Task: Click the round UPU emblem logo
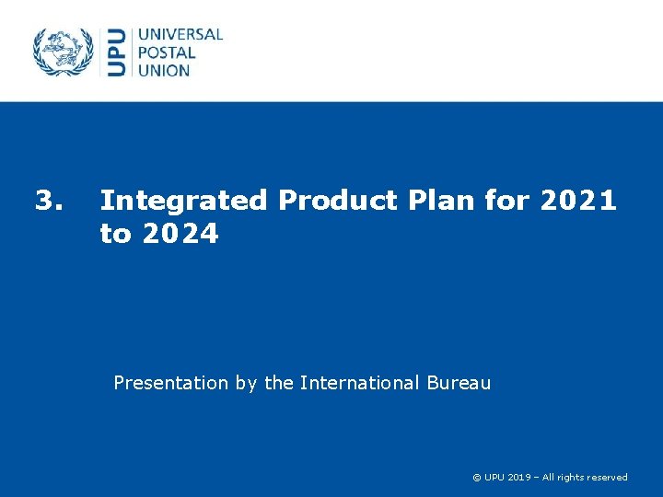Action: pos(64,52)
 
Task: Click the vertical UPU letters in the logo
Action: pos(117,52)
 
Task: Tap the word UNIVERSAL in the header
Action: pos(180,35)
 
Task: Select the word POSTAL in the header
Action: pos(168,52)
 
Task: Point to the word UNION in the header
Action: pos(164,70)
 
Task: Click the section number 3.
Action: pos(48,200)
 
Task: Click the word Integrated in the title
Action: pos(183,200)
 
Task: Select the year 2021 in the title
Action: pos(578,200)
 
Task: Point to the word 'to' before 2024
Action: pos(115,235)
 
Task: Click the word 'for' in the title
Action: pos(506,200)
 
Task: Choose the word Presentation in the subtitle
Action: pos(169,383)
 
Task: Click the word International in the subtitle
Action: pos(362,383)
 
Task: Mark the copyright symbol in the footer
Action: pos(476,478)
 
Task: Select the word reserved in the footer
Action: pos(608,478)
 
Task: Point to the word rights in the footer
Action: pos(571,478)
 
